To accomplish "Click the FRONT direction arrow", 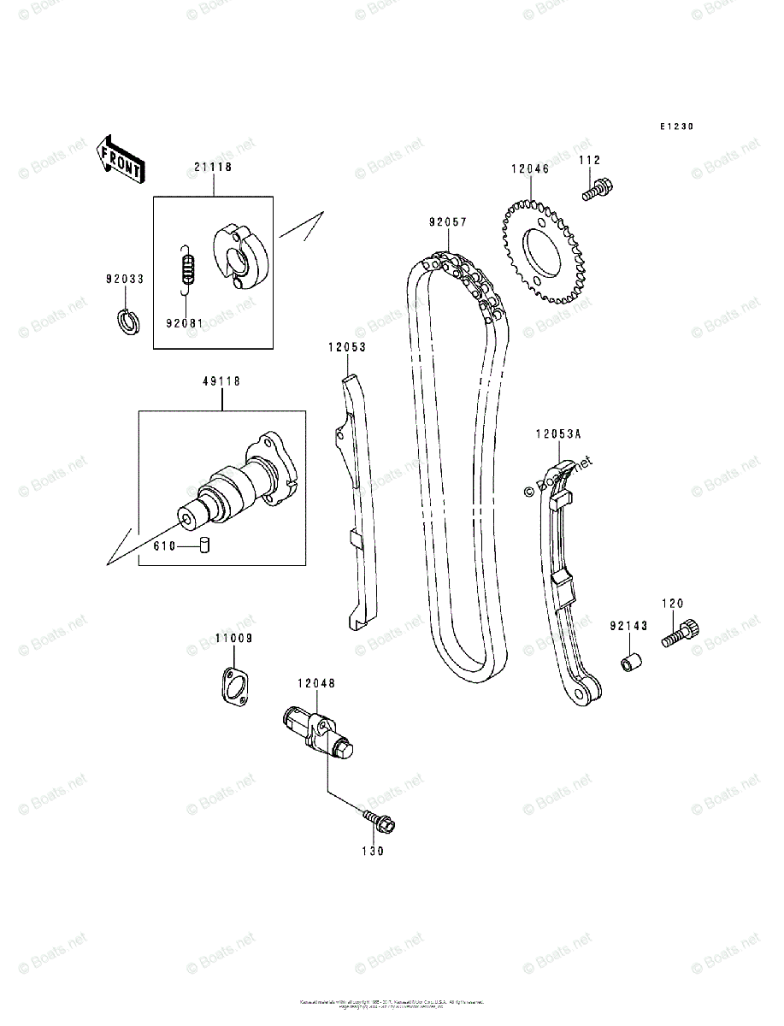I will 119,160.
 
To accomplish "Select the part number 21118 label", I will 212,168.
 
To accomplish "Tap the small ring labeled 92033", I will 127,322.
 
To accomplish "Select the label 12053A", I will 558,434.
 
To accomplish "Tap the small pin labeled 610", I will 205,545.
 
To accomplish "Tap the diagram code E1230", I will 675,127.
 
